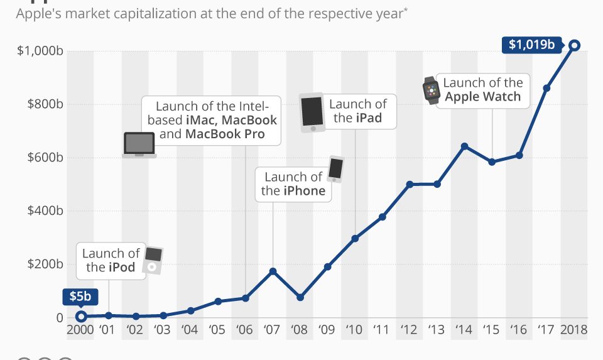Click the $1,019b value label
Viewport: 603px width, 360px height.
[531, 45]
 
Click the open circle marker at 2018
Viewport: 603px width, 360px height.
[574, 45]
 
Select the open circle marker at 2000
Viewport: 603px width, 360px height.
[80, 317]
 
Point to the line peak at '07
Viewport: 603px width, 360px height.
[273, 271]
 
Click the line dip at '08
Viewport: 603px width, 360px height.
[300, 297]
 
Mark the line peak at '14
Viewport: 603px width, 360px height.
[465, 146]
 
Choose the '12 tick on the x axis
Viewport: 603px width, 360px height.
[410, 330]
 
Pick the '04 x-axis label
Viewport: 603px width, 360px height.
[190, 330]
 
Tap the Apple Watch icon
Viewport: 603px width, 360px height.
[431, 90]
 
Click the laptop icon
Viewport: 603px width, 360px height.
[139, 145]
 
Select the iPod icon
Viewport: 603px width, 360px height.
[153, 261]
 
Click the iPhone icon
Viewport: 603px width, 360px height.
[335, 169]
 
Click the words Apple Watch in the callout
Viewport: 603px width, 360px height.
[482, 97]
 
